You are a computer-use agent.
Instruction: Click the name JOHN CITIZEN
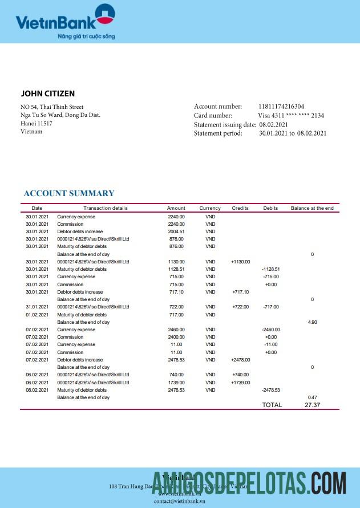click(x=48, y=94)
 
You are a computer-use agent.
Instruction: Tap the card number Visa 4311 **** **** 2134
click(x=291, y=116)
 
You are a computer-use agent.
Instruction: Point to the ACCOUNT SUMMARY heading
click(x=69, y=193)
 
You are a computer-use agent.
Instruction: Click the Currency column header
click(x=210, y=208)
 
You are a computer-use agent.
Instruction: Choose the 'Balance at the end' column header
click(x=312, y=208)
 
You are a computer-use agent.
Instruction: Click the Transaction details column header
click(x=106, y=208)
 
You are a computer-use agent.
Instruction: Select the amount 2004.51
click(x=176, y=231)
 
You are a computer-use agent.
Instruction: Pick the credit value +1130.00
click(x=241, y=262)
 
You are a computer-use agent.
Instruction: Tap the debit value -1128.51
click(x=270, y=269)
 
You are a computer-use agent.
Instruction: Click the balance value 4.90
click(x=312, y=322)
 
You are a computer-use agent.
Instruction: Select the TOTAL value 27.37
click(x=313, y=405)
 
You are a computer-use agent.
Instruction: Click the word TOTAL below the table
click(x=272, y=405)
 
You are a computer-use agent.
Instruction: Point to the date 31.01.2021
click(x=37, y=307)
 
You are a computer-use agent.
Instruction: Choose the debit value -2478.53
click(x=270, y=390)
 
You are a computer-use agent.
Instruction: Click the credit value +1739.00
click(x=241, y=383)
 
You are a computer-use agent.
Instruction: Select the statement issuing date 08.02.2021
click(x=273, y=124)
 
